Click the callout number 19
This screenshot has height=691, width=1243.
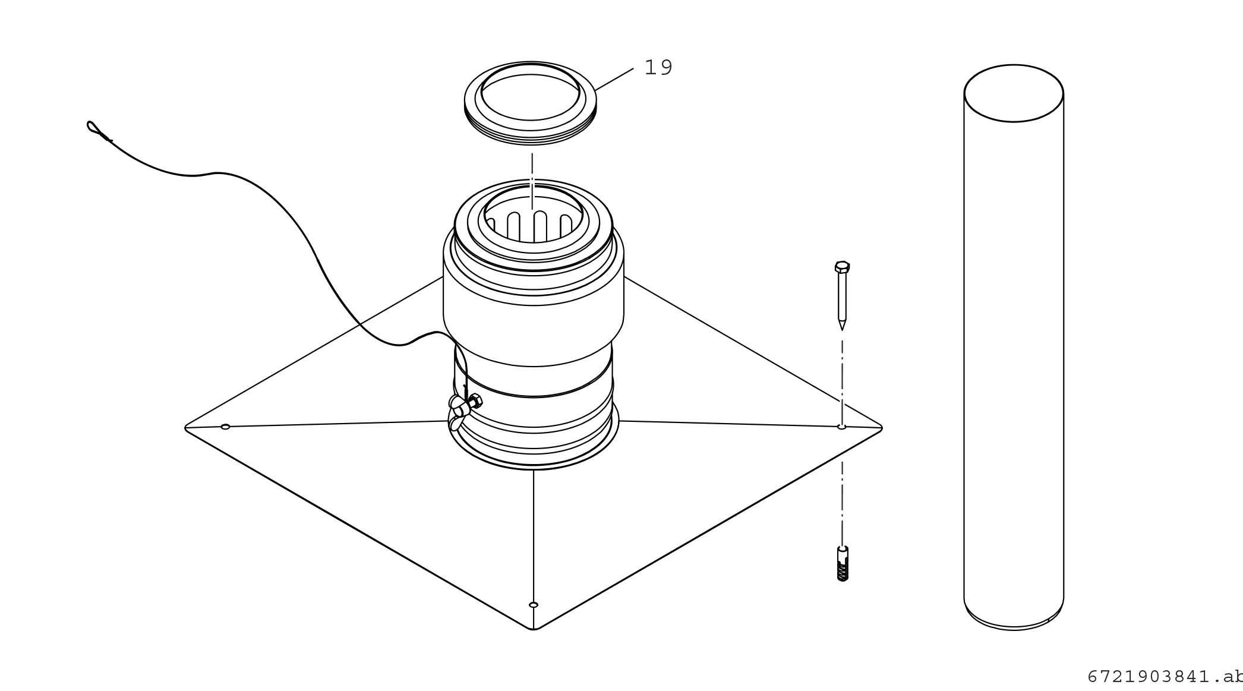click(658, 68)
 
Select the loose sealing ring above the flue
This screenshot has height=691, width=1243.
click(530, 131)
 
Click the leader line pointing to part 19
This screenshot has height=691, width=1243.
click(614, 80)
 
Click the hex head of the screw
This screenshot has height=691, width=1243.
click(842, 266)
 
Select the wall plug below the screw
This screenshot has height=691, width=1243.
click(843, 564)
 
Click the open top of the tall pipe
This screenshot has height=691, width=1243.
click(1014, 93)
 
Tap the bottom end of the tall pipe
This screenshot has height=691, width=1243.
click(1014, 621)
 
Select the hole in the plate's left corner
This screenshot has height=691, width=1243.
click(225, 427)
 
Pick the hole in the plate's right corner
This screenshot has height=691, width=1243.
click(841, 427)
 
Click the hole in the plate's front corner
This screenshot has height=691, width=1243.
click(534, 605)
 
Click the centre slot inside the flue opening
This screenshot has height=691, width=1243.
click(540, 226)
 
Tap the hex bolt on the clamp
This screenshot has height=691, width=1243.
click(475, 401)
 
